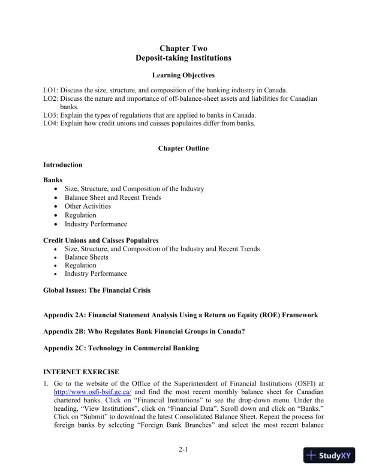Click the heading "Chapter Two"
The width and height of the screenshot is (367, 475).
(183, 48)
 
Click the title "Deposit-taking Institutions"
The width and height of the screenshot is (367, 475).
(183, 58)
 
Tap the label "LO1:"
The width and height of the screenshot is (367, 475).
(51, 90)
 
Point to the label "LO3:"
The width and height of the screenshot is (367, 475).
(51, 115)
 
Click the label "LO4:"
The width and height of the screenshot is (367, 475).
(51, 124)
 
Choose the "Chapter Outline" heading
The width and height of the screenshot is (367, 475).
(183, 148)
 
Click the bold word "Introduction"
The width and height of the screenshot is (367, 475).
(63, 165)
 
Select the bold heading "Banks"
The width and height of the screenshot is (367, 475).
(53, 180)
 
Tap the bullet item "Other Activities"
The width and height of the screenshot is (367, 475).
(88, 206)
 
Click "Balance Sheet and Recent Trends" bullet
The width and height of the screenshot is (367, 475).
(113, 197)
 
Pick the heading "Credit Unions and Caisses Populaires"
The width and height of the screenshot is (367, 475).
(101, 240)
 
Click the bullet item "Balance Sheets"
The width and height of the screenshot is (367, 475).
(85, 257)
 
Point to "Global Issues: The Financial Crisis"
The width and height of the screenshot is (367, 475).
(97, 290)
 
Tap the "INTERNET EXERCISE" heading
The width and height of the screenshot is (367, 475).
(81, 372)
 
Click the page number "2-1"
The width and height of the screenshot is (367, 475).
(183, 449)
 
